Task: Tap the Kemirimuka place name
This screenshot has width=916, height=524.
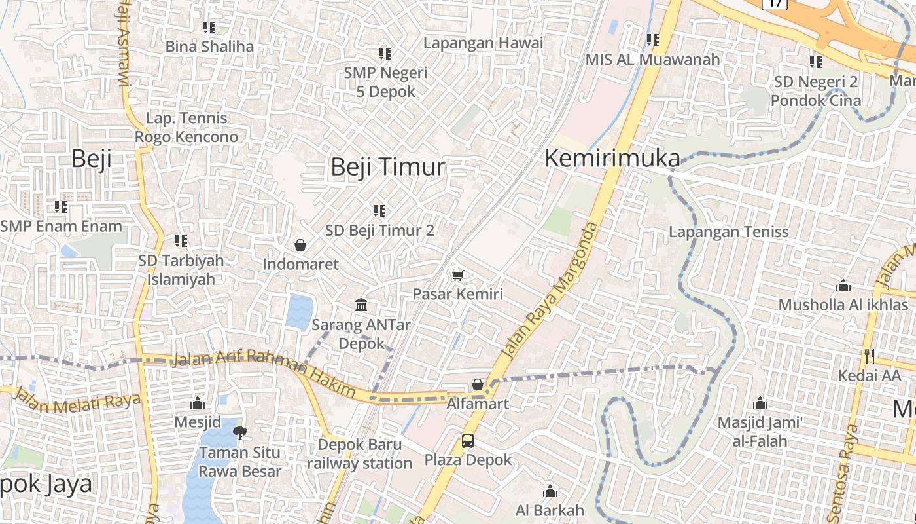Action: (x=612, y=159)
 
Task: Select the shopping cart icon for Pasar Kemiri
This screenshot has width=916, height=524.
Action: (x=457, y=274)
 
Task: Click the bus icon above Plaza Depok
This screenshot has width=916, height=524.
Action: (x=467, y=441)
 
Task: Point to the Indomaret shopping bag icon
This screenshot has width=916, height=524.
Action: (x=300, y=245)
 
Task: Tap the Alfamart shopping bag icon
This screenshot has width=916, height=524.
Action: (x=478, y=384)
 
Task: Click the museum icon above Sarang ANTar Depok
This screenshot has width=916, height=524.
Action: (x=361, y=305)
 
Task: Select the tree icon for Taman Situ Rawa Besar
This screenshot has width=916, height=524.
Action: (x=240, y=432)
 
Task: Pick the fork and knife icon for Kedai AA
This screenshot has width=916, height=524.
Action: (x=870, y=356)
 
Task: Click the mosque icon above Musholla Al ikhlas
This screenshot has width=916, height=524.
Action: (x=843, y=286)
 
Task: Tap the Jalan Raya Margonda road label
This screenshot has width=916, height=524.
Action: (x=550, y=290)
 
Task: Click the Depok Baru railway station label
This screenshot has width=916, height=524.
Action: (x=359, y=454)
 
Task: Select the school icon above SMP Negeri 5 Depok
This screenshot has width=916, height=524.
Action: (x=385, y=53)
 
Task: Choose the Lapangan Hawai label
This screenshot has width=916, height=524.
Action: (x=483, y=43)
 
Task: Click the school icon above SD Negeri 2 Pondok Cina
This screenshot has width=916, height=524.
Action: (x=815, y=62)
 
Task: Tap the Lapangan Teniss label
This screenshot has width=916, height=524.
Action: (x=728, y=232)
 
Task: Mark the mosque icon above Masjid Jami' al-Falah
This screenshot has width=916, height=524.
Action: (x=760, y=403)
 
